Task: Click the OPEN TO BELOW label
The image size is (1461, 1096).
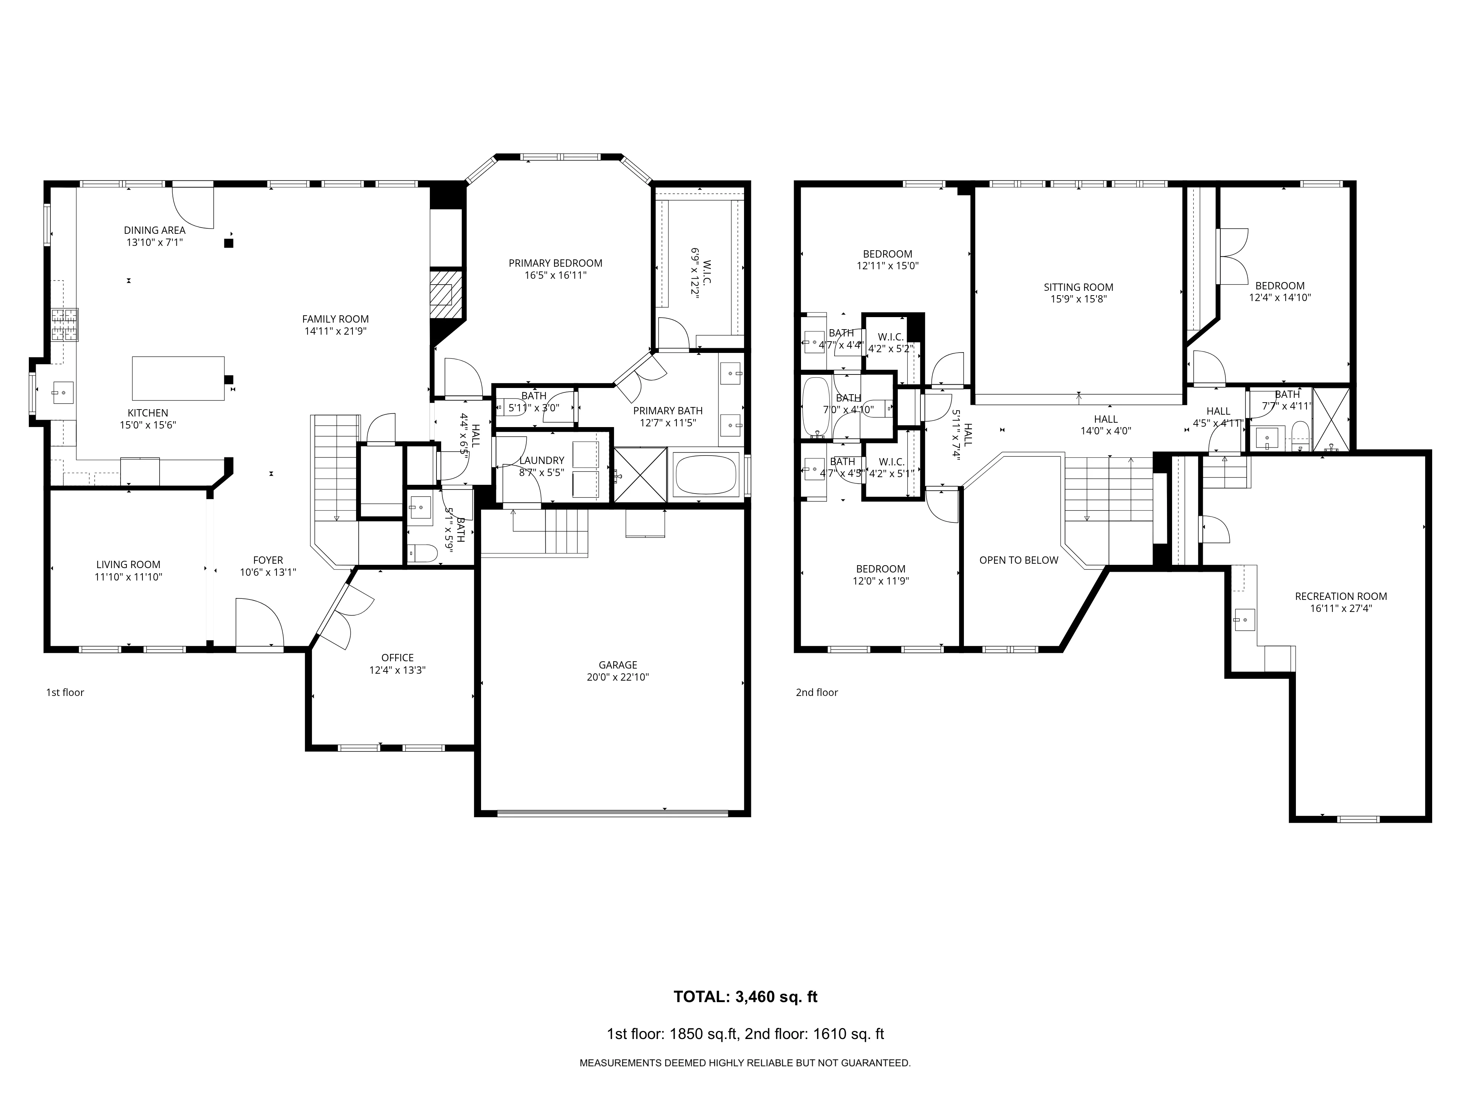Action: click(x=1018, y=560)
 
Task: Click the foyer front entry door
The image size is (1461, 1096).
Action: click(x=259, y=624)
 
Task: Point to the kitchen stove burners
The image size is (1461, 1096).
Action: click(x=65, y=325)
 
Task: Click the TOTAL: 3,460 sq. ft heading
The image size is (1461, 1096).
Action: click(x=745, y=997)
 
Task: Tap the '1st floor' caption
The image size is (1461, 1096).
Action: click(x=65, y=692)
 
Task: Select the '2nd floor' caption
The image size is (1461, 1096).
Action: click(x=816, y=692)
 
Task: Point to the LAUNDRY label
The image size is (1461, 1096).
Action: click(x=542, y=460)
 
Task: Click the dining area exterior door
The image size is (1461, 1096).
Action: click(x=193, y=206)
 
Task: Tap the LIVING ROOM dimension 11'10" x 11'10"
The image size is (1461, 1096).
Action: click(x=128, y=577)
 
